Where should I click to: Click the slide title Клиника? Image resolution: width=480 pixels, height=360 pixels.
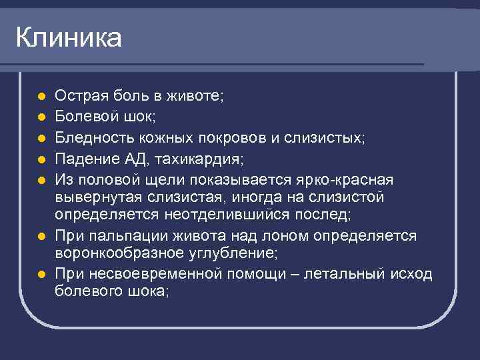click(69, 38)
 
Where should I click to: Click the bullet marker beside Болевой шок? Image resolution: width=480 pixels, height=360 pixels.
click(41, 117)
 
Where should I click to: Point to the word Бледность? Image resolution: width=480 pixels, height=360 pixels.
click(89, 138)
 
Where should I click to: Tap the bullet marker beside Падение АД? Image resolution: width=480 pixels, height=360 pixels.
click(41, 160)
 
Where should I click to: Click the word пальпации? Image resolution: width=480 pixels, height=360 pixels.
click(120, 236)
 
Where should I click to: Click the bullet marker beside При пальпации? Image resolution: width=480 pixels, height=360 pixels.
click(41, 237)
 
